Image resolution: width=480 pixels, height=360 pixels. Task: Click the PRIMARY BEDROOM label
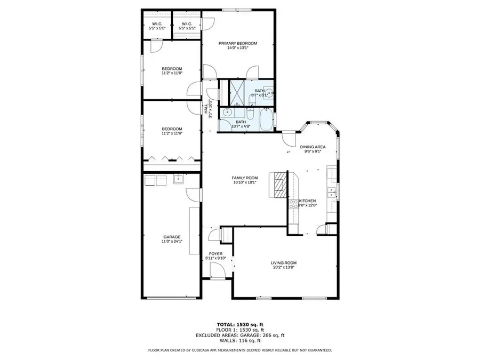238,43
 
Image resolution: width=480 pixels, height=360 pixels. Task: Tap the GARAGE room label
172,237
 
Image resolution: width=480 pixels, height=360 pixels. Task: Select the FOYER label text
215,254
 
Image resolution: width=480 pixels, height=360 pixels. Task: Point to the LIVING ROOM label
284,263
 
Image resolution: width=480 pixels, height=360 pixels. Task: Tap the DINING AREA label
313,147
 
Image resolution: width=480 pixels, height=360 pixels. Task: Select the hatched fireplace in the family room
280,186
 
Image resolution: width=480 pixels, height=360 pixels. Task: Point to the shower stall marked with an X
236,92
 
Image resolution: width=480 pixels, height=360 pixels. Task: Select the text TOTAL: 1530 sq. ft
239,324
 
